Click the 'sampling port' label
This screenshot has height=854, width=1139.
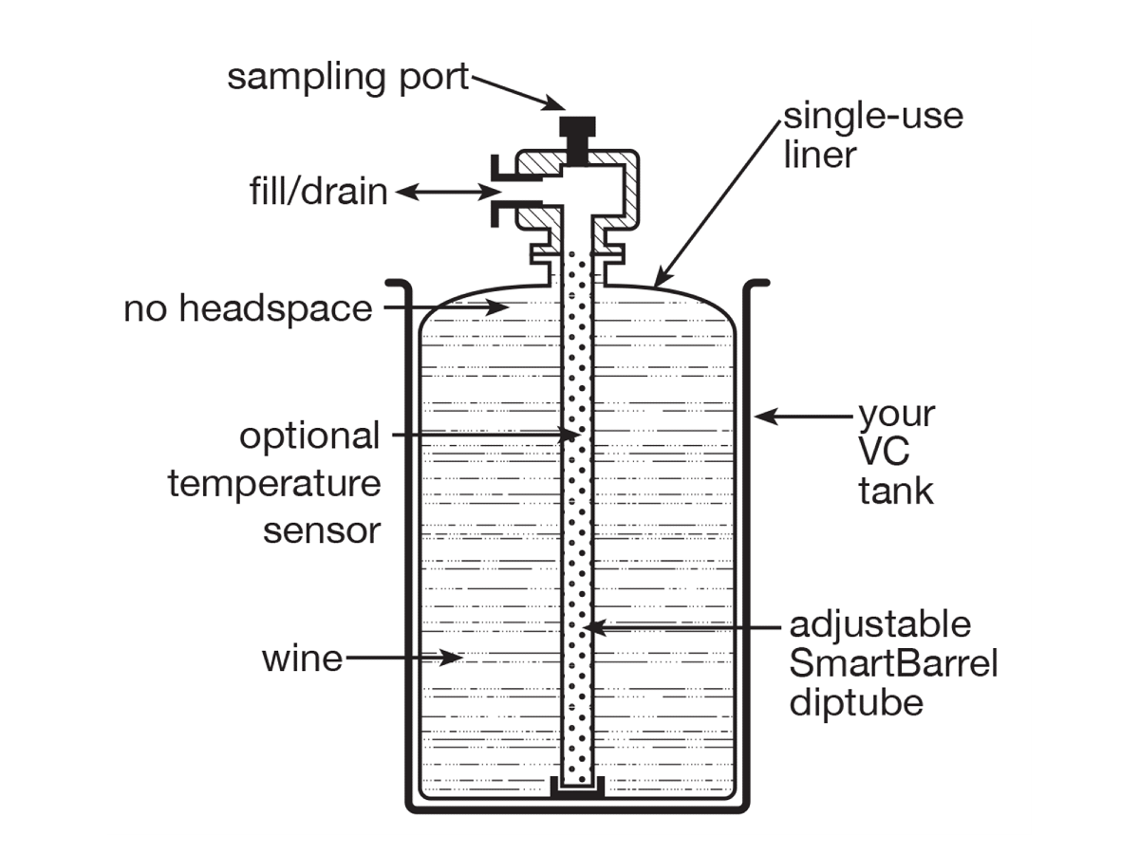coord(347,78)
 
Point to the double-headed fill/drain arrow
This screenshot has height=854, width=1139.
coord(446,193)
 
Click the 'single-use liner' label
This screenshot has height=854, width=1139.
coord(871,135)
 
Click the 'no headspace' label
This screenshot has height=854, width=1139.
coord(248,308)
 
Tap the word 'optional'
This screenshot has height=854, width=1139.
coord(308,437)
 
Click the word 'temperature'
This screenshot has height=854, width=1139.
coord(274,484)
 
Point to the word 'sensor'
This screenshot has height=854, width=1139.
coord(321,530)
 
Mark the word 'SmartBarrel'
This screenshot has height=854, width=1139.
coord(893,664)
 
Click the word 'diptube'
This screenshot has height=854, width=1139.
coord(856,704)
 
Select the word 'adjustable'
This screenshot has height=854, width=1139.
coord(880,624)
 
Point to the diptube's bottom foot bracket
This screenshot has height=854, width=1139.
coord(578,787)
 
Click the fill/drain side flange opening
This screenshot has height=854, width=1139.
coord(502,193)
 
